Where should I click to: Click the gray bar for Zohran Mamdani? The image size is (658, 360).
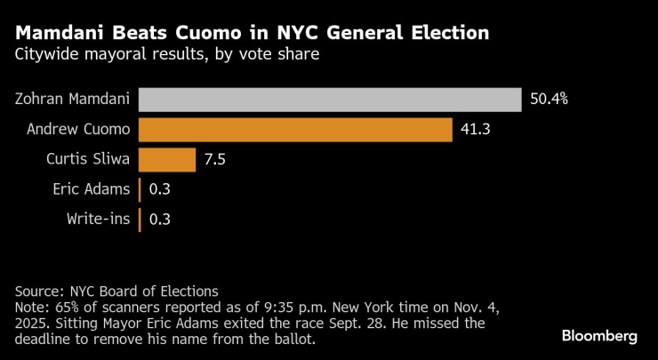pyautogui.click(x=330, y=99)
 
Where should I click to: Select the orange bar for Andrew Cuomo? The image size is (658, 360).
pyautogui.click(x=295, y=129)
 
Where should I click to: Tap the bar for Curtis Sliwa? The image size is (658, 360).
pyautogui.click(x=167, y=159)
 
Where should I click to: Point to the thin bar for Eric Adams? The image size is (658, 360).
pyautogui.click(x=140, y=189)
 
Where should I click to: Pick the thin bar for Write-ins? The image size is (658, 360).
pyautogui.click(x=140, y=220)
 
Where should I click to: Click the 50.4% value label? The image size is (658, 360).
pyautogui.click(x=549, y=99)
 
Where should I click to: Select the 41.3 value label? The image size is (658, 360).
pyautogui.click(x=474, y=129)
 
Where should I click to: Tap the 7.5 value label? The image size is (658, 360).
pyautogui.click(x=215, y=159)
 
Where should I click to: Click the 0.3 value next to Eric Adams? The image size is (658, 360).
pyautogui.click(x=160, y=189)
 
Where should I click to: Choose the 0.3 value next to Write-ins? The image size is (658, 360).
pyautogui.click(x=160, y=220)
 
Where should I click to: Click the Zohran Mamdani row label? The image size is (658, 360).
pyautogui.click(x=74, y=99)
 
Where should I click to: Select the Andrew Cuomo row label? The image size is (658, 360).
pyautogui.click(x=79, y=129)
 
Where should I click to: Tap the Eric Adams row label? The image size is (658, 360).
pyautogui.click(x=96, y=189)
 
